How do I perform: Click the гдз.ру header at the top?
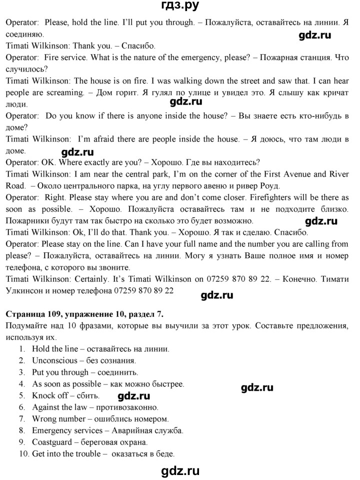tap(180, 7)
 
